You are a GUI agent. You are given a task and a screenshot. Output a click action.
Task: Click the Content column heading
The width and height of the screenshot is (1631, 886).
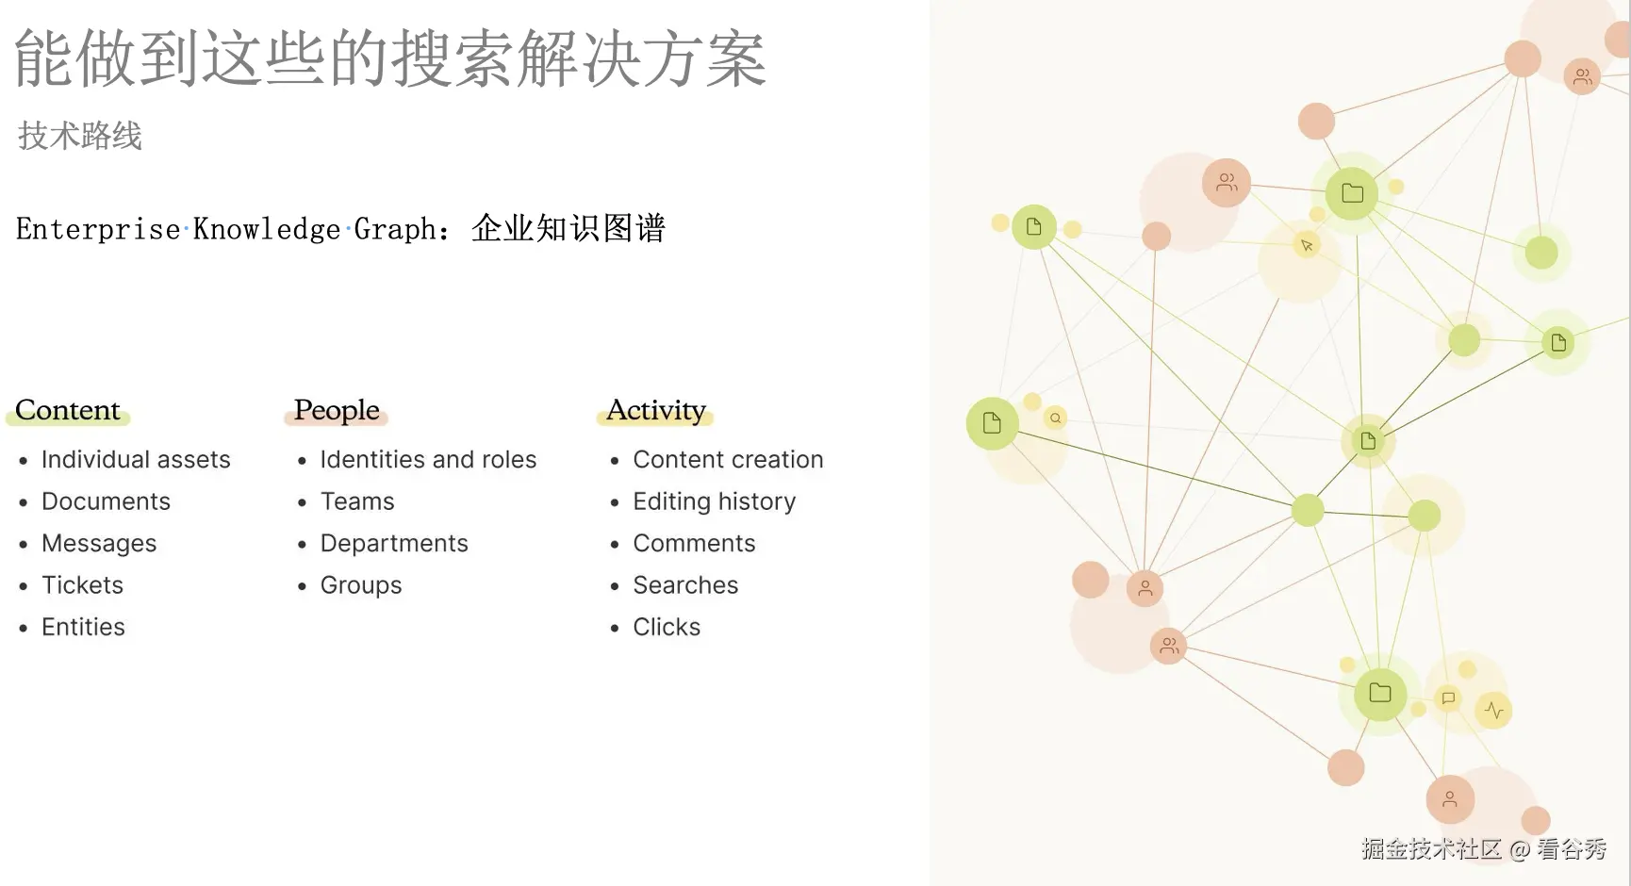68,410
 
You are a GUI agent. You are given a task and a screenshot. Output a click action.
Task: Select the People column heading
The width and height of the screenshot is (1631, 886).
337,410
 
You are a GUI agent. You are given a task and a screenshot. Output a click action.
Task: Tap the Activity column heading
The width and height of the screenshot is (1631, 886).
656,410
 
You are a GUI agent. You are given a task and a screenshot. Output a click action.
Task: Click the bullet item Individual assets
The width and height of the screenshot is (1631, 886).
136,460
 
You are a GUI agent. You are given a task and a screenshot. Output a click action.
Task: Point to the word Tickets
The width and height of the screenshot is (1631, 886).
82,585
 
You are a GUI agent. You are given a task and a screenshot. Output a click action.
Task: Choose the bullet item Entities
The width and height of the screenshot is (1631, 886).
83,628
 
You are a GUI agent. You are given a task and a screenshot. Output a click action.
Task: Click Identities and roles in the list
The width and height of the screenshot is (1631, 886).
428,460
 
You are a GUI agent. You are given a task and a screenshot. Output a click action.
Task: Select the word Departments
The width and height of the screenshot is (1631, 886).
394,544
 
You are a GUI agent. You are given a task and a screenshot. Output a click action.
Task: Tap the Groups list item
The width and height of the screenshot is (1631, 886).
361,585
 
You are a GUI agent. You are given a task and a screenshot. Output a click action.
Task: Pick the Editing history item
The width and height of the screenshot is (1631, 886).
714,501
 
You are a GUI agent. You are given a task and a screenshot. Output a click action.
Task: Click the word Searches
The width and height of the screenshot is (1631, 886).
685,585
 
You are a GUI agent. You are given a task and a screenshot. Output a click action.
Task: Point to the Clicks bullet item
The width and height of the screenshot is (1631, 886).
667,628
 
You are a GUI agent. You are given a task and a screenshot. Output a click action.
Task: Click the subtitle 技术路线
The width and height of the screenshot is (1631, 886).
80,136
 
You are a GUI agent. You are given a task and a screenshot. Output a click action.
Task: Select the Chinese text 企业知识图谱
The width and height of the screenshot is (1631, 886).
568,228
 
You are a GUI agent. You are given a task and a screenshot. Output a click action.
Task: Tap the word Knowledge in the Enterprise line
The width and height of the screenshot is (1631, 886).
267,229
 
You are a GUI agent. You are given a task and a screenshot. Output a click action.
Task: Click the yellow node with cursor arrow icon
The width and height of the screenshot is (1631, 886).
1307,246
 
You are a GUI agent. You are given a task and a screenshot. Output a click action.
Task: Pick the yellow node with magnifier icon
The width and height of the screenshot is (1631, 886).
1056,418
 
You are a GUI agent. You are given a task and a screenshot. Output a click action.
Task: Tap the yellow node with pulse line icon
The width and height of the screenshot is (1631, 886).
1494,710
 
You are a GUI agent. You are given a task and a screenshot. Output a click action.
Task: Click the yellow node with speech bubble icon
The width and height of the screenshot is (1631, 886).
1448,698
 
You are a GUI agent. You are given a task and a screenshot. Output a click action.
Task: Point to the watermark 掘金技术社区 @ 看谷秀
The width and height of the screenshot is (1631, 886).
1483,849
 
